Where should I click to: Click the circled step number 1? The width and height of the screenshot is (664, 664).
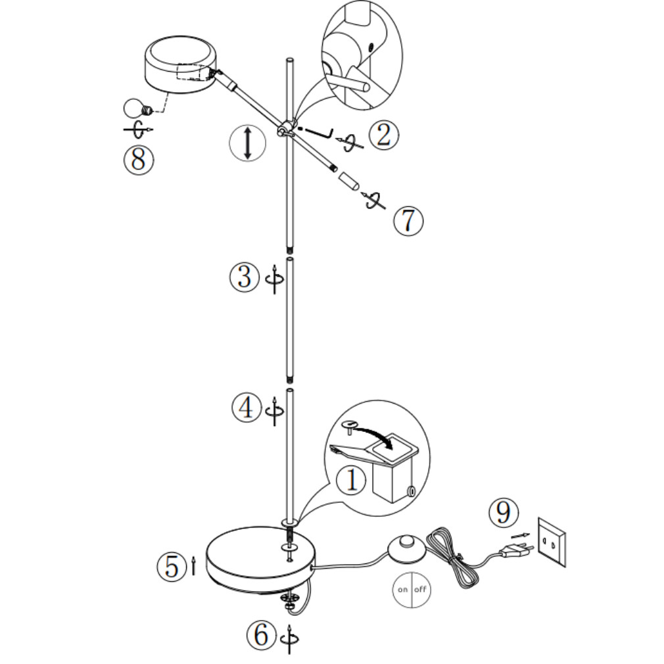(x=350, y=480)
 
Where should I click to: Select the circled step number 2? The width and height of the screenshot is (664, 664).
(x=384, y=135)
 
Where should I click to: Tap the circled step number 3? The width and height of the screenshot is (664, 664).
(x=244, y=277)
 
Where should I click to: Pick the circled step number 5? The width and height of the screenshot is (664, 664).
(x=172, y=566)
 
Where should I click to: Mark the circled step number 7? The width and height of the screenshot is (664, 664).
(x=408, y=220)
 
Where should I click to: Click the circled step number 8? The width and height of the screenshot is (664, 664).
(x=138, y=160)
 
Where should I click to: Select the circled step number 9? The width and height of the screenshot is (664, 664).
(x=503, y=512)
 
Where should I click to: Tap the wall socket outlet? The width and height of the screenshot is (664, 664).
(x=552, y=541)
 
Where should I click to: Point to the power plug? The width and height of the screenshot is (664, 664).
(x=515, y=551)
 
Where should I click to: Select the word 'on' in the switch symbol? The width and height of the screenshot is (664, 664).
(x=402, y=588)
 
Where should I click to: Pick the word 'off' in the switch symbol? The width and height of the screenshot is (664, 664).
(x=420, y=588)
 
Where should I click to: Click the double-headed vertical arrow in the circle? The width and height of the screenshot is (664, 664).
(x=247, y=143)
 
